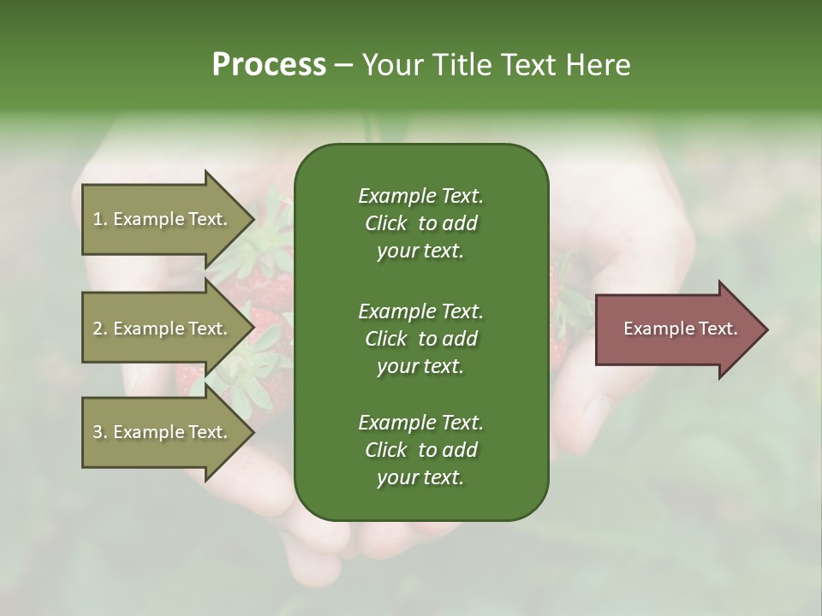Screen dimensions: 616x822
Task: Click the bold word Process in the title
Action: coord(268,64)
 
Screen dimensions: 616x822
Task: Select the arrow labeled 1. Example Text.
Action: coord(160,219)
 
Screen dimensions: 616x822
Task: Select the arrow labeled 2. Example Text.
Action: coord(160,329)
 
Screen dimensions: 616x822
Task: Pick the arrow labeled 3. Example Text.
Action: coord(160,432)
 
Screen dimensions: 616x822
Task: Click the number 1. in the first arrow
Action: coord(100,219)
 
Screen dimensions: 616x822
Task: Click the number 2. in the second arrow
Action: coord(100,329)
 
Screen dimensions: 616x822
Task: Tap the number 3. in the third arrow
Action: coord(100,432)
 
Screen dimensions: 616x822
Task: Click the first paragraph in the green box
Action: coord(420,223)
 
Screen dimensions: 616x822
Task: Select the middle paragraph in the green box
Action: coord(420,338)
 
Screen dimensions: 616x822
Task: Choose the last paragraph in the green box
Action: coord(420,450)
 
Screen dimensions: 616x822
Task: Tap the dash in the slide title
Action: coord(343,65)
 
